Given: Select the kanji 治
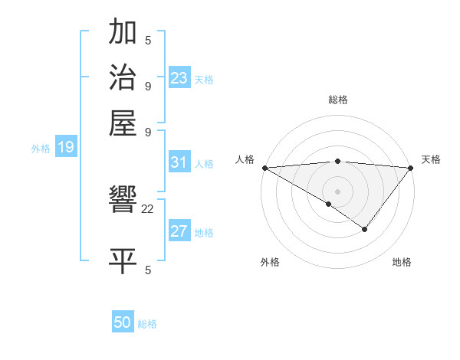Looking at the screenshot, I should tap(123, 77).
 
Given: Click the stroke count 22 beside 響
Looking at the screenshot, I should tap(148, 208).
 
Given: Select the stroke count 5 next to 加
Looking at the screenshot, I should tap(148, 40).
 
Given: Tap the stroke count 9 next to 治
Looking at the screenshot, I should tap(148, 85).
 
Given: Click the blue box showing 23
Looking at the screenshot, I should tap(179, 78).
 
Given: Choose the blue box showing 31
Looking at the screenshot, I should tap(179, 162).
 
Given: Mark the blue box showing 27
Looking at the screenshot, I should tap(179, 232).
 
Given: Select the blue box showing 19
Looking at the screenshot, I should tap(65, 148).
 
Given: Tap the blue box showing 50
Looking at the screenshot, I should tap(123, 322).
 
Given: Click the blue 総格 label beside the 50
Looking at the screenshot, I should tap(147, 324).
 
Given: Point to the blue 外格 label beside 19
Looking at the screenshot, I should tap(41, 149).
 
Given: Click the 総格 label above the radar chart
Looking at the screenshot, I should tap(337, 100).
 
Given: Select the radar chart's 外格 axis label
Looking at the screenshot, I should tap(270, 263).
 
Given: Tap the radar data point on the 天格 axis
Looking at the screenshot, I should tap(410, 168).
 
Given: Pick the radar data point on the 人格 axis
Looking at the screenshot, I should tap(264, 168).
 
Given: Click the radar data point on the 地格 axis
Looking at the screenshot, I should tap(365, 229).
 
